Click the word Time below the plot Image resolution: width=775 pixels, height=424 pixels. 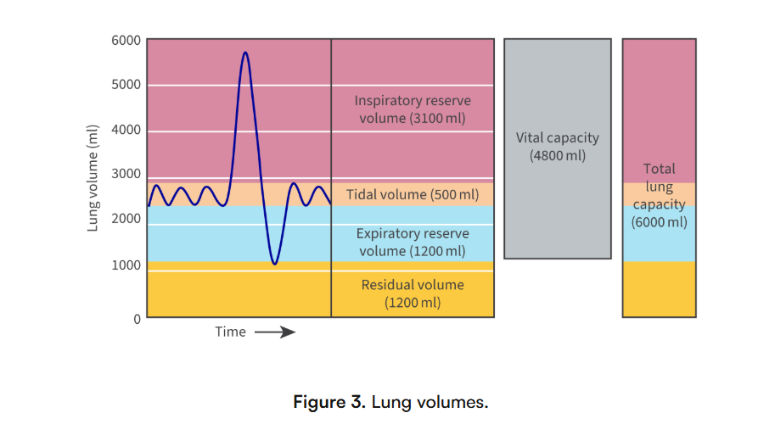point(230,332)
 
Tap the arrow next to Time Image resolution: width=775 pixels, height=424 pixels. point(275,332)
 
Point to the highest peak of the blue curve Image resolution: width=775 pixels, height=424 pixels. point(245,53)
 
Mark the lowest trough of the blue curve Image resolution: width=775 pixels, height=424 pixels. point(274,264)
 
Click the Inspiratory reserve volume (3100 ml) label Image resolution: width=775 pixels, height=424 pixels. point(412,109)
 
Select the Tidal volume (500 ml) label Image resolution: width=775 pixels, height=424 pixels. point(413,195)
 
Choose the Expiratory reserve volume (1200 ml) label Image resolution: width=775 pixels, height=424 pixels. point(412,242)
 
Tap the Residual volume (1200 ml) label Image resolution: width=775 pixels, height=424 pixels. point(412,293)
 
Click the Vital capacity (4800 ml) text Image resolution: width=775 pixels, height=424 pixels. point(557,146)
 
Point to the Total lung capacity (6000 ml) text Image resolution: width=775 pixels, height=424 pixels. point(659,195)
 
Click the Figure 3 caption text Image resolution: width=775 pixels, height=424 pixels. point(390,401)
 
